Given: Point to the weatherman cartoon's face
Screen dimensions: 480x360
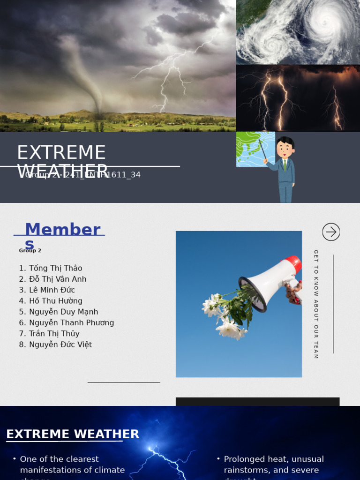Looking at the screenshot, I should point(284,150).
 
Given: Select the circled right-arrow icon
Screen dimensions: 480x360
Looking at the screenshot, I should point(331,232).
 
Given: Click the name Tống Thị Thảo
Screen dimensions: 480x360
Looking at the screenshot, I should point(55,268).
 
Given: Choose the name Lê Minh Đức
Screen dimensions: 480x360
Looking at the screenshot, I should point(52,290).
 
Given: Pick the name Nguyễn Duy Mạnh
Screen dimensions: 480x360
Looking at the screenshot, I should point(63,312).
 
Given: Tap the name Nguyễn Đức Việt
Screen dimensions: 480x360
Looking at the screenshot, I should point(60,345).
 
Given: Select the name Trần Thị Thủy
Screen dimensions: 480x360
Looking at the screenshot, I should point(54,334).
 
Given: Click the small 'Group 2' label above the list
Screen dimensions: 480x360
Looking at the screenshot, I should point(30,251).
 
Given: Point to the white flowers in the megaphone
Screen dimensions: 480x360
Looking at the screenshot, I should point(225,314).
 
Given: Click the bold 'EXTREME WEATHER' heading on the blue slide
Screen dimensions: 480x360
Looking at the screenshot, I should point(73,435).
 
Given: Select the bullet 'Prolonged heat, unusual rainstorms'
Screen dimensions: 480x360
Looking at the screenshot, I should point(273,465).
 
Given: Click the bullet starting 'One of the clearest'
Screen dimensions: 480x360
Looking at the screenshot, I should point(72,465).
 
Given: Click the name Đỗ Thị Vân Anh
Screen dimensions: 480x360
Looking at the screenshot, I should point(58,279).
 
